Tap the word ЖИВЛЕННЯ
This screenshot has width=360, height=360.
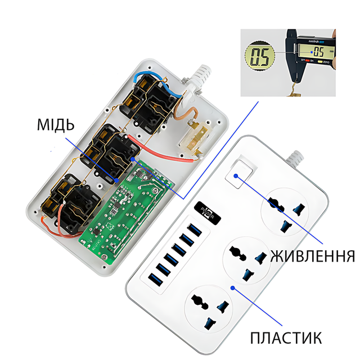pos(312,256)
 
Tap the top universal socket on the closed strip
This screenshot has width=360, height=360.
pos(285,210)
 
